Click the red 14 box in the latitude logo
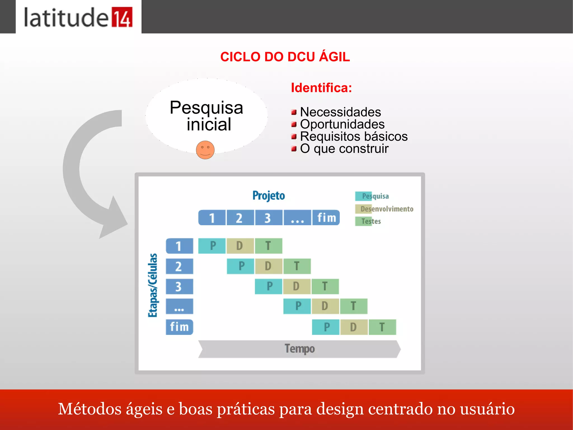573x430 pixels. pos(122,17)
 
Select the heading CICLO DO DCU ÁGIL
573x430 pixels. pos(285,57)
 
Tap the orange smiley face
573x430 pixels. pos(205,150)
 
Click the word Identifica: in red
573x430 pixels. pos(321,88)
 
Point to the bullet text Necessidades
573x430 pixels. pos(340,112)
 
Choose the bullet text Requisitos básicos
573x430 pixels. pos(354,136)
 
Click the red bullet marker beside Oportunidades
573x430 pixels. pos(294,124)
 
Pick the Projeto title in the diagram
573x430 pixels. pos(269,196)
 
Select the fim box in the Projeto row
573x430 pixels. pos(326,218)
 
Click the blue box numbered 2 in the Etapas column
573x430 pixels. pos(179,266)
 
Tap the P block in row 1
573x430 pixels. pos(212,246)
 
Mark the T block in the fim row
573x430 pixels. pos(382,327)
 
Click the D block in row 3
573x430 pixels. pos(297,286)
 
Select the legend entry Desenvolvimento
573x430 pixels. pos(386,209)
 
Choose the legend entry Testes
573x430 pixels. pos(370,221)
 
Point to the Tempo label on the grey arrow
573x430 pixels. pos(300,349)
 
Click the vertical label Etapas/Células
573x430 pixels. pos(153,285)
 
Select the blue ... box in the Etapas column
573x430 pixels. pos(179,306)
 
